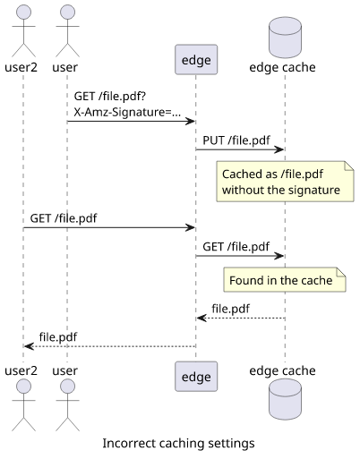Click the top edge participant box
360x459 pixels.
[196, 60]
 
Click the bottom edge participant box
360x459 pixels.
[196, 377]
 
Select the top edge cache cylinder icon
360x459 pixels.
[285, 38]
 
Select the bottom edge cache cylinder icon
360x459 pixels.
[285, 399]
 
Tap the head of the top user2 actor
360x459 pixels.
[23, 13]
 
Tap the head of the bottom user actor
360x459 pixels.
[67, 387]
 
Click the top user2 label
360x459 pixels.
[21, 67]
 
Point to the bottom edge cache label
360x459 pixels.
[282, 370]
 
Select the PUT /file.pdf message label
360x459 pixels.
[236, 140]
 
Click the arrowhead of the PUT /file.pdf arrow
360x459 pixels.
[279, 149]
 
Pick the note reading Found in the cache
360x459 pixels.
[285, 280]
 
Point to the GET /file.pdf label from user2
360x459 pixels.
[64, 218]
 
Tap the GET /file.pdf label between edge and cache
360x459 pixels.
[236, 247]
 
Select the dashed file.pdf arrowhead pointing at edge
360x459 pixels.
[201, 319]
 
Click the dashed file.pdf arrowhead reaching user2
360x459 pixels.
[29, 346]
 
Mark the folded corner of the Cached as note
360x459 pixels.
[349, 166]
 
